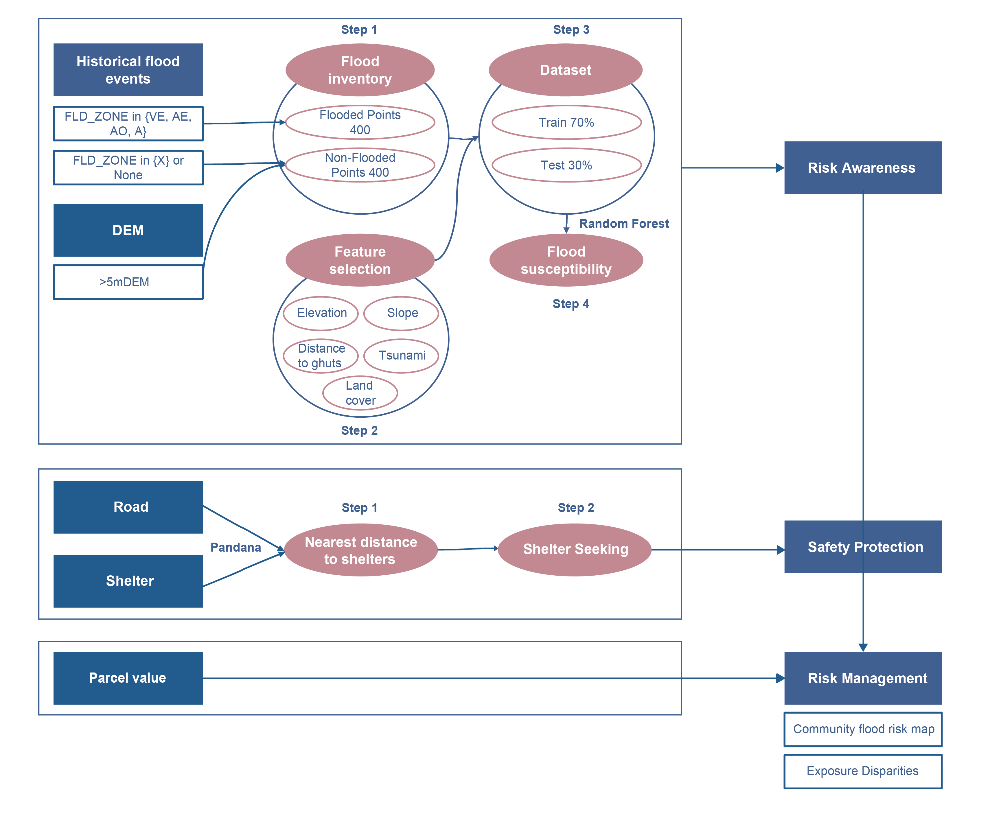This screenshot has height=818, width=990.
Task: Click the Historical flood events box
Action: [128, 70]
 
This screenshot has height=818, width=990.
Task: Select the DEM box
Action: [128, 230]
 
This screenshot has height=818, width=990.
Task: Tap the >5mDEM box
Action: [128, 282]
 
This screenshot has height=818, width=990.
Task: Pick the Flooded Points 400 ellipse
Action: [360, 122]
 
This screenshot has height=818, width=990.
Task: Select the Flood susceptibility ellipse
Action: [566, 260]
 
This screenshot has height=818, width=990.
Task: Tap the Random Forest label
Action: [623, 223]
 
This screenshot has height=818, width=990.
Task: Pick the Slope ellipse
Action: [402, 313]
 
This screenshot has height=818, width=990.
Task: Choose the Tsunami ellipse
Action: [402, 355]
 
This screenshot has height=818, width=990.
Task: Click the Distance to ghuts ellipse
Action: [321, 355]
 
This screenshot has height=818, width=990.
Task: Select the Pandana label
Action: [235, 547]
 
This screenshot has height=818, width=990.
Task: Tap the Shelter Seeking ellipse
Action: [575, 549]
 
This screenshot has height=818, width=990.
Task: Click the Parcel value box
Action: [128, 678]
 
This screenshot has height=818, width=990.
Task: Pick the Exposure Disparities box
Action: [862, 771]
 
